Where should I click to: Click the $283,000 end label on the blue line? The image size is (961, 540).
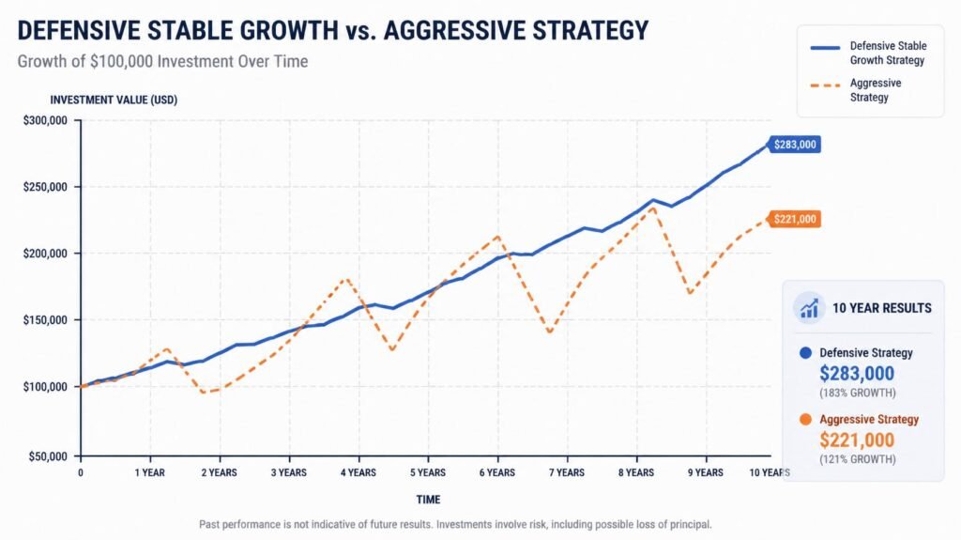coord(794,145)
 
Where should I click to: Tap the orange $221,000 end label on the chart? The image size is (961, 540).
coord(794,219)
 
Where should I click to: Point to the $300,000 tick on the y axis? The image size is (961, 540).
coord(45,120)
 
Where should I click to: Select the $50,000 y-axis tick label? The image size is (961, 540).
coord(48,456)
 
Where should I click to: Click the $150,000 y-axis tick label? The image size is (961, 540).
coord(45,320)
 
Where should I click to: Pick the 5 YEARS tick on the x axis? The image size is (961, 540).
coord(428,472)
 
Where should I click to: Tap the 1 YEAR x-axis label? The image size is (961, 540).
coord(149,472)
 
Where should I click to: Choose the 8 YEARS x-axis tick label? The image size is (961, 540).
coord(636,472)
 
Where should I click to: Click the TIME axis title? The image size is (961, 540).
coord(428,500)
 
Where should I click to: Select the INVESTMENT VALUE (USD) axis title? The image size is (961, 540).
coord(114,100)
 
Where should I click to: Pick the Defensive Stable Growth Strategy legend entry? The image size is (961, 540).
coord(868,53)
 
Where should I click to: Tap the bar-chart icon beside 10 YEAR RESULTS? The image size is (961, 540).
coord(809,308)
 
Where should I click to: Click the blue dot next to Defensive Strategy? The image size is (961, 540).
coord(806,353)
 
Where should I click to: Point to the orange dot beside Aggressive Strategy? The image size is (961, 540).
coord(806,419)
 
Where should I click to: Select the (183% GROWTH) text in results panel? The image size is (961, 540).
coord(858,393)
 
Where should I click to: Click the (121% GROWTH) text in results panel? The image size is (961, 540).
coord(858,459)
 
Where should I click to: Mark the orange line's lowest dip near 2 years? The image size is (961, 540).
coord(204,392)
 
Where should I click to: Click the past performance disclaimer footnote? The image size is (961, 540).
coord(455,525)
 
